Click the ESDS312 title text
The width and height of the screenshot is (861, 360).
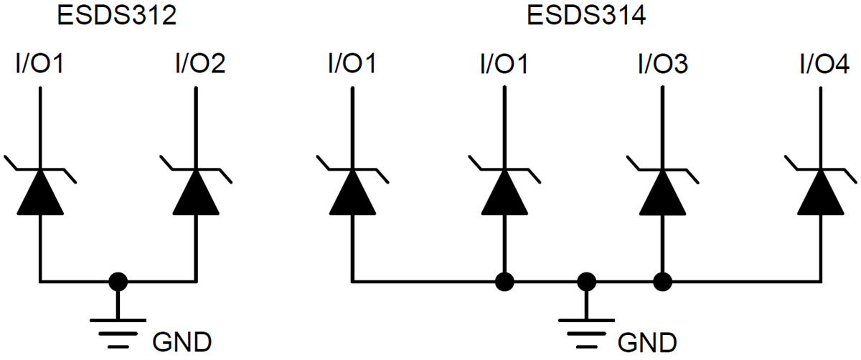pyautogui.click(x=117, y=16)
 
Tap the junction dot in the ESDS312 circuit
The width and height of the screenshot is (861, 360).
pyautogui.click(x=118, y=280)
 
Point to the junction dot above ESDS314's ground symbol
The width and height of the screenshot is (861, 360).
pyautogui.click(x=587, y=280)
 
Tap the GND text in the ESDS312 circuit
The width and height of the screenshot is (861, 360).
pyautogui.click(x=182, y=339)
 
